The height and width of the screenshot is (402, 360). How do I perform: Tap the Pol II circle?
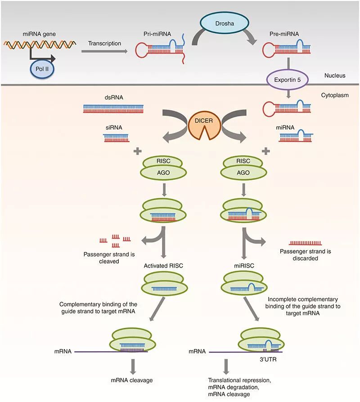[x=42, y=69]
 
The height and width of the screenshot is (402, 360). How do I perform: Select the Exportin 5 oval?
[x=287, y=80]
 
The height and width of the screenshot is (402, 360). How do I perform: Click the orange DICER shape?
[x=204, y=125]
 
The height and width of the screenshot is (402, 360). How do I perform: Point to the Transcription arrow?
[x=104, y=51]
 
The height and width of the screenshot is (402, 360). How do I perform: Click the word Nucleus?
[x=335, y=76]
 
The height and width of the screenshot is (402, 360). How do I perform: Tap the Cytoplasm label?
[x=335, y=95]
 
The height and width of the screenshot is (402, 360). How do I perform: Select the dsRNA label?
[x=114, y=98]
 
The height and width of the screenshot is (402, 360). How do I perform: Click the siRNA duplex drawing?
[x=116, y=138]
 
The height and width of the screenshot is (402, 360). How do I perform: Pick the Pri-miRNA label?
[x=157, y=34]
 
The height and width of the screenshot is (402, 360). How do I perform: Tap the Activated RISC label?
[x=163, y=266]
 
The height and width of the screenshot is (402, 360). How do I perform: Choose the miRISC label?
[x=244, y=266]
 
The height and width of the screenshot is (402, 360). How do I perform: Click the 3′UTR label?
[x=268, y=359]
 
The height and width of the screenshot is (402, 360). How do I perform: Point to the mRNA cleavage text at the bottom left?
[x=132, y=380]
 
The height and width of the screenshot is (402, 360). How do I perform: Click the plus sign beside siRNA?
[x=138, y=151]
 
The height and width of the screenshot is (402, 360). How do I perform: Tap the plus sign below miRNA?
[x=265, y=151]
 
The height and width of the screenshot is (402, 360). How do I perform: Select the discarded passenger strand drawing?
[x=306, y=243]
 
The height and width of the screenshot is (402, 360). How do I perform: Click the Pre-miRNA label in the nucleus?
[x=284, y=34]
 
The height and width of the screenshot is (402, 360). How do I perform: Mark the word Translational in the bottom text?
[x=225, y=380]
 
